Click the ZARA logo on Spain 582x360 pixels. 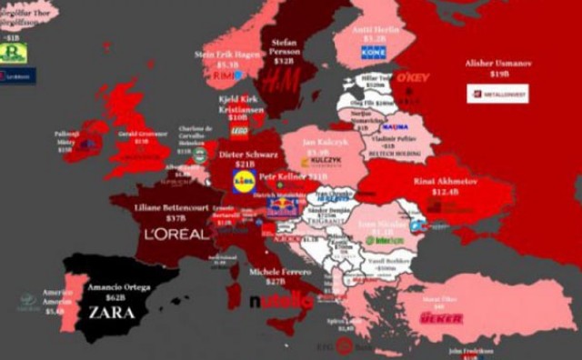pyautogui.click(x=111, y=312)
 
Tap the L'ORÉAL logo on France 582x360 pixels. pyautogui.click(x=176, y=234)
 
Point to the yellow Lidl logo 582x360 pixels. pyautogui.click(x=244, y=183)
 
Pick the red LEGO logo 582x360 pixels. pyautogui.click(x=238, y=131)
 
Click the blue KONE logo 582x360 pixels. pyautogui.click(x=374, y=54)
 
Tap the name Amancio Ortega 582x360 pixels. pyautogui.click(x=117, y=286)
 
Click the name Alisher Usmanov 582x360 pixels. pyautogui.click(x=497, y=64)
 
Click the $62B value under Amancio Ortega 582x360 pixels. pyautogui.click(x=115, y=297)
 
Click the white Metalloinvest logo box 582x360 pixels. pyautogui.click(x=497, y=93)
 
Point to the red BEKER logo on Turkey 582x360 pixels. pyautogui.click(x=441, y=318)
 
